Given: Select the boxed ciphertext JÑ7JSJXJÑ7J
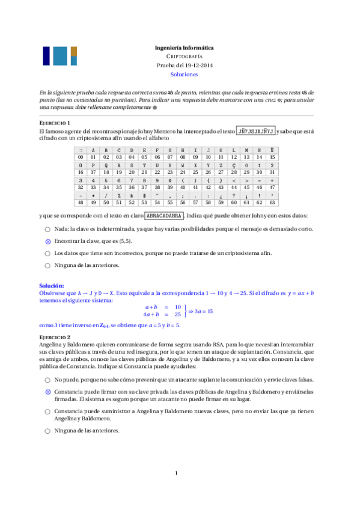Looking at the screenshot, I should point(255,131).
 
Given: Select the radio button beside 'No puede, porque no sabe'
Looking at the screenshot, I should point(47,380).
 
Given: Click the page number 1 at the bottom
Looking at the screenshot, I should point(177,473).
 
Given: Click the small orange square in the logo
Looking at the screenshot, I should point(73,51).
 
